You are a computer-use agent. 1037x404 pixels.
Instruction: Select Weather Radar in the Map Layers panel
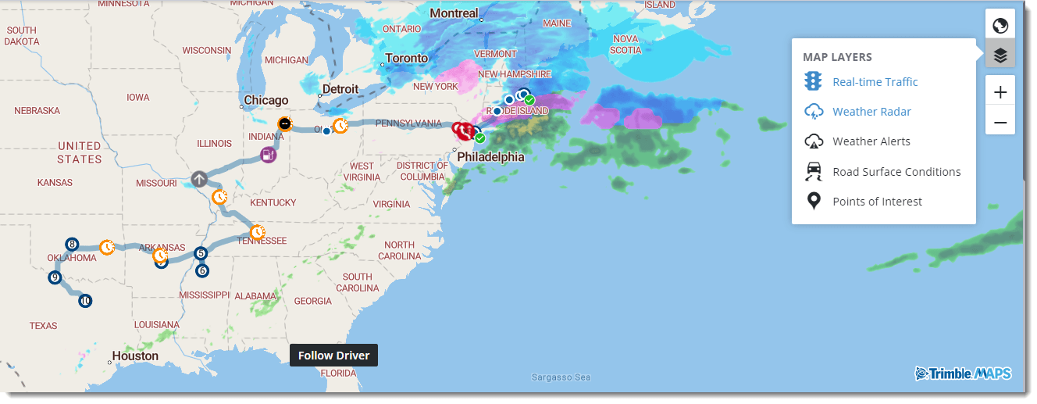point(871,112)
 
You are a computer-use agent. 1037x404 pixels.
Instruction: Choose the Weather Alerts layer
point(871,141)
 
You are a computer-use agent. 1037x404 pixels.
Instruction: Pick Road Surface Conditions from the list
point(896,172)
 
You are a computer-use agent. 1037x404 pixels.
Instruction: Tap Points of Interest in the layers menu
point(877,202)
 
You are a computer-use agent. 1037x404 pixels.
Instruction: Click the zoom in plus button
point(1000,92)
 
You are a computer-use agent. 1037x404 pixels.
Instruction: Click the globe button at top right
point(1000,25)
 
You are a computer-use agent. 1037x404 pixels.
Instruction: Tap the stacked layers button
point(1000,55)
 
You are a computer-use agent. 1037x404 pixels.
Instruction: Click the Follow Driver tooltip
point(334,356)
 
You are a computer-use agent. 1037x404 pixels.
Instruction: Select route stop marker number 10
point(85,300)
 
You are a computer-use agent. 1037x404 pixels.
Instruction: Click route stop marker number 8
point(72,244)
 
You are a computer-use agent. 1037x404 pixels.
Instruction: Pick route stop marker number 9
point(55,277)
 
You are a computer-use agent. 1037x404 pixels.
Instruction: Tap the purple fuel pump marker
point(268,155)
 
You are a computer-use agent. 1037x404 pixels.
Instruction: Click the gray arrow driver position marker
point(199,179)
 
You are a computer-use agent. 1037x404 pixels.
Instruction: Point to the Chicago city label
point(266,100)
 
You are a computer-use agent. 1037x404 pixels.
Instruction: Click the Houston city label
point(135,356)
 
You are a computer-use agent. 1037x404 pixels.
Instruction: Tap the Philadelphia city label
point(490,157)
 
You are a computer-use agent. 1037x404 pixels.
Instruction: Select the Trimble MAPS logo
point(963,374)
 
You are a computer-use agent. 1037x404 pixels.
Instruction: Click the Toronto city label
point(407,59)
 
